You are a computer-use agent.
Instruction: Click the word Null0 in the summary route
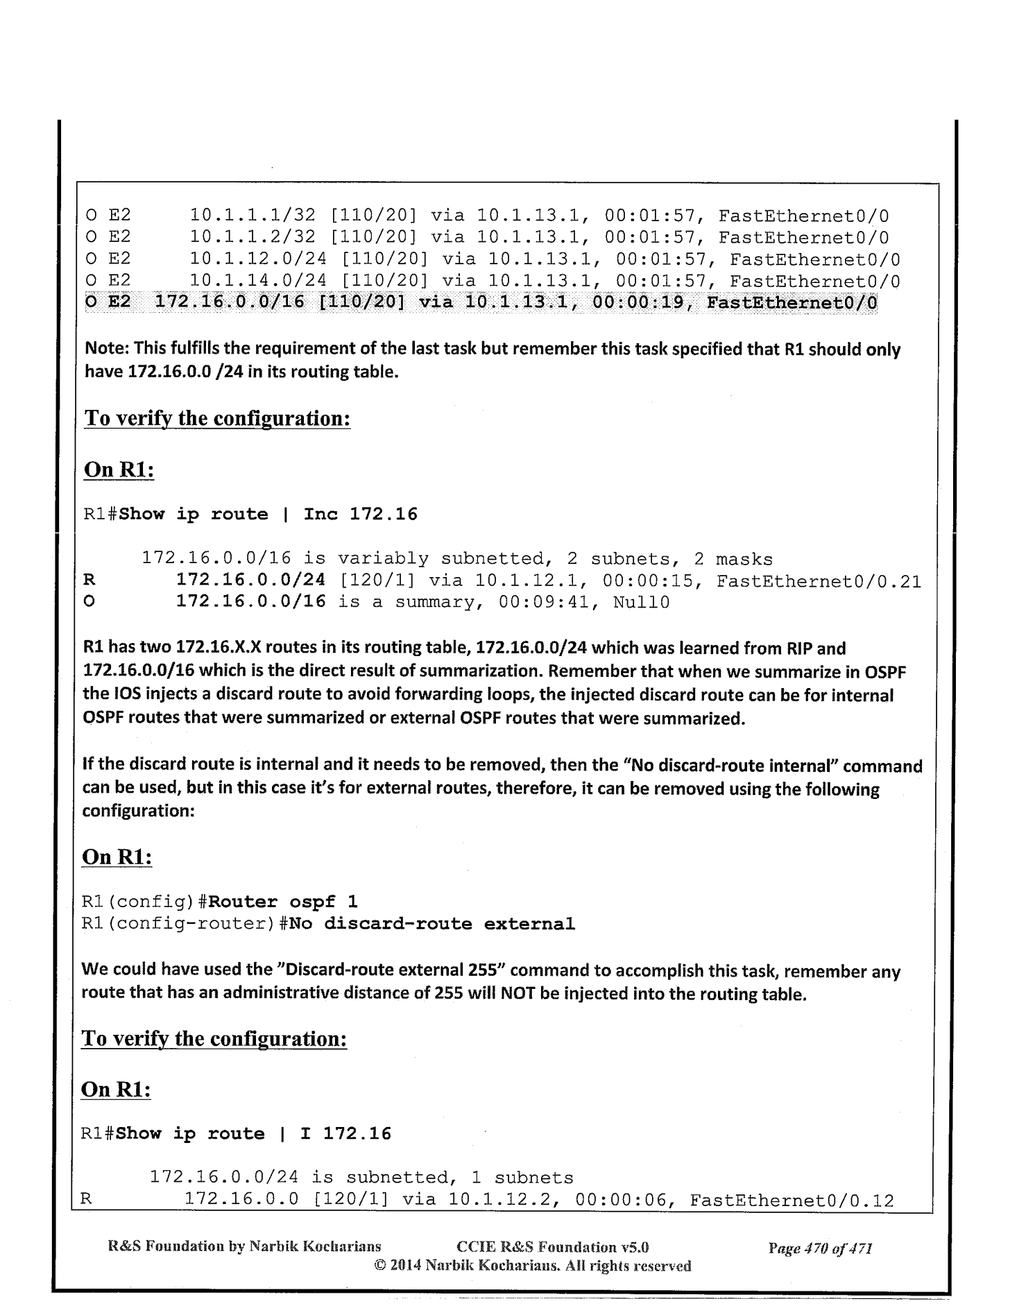(641, 602)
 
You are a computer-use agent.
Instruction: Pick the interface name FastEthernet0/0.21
(819, 581)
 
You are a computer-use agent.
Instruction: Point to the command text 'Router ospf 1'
(283, 902)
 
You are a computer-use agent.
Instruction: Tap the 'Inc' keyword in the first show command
(320, 515)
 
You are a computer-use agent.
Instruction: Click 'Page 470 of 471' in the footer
(819, 1249)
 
